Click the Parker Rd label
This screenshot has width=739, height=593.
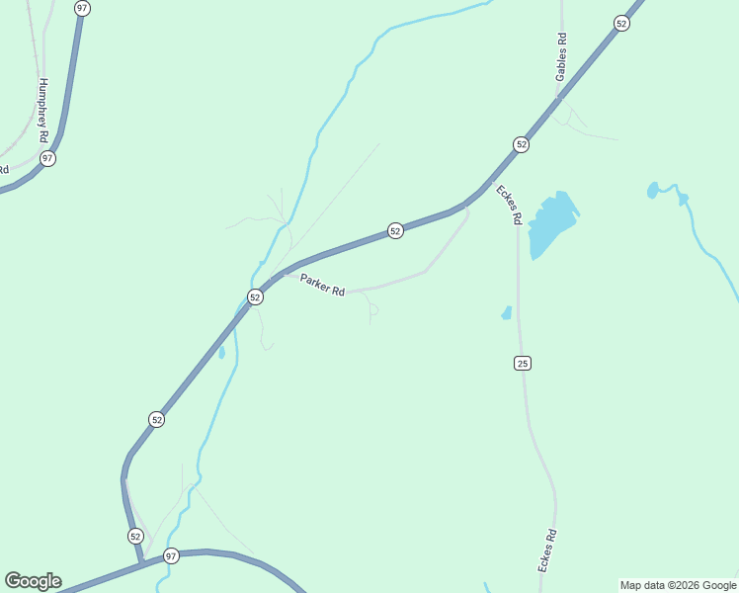(323, 285)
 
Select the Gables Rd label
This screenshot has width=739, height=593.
(561, 57)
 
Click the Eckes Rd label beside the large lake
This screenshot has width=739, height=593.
(508, 205)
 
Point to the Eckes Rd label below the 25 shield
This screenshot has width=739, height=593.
(547, 551)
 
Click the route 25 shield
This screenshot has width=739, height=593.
(523, 364)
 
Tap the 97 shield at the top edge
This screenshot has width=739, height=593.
(82, 8)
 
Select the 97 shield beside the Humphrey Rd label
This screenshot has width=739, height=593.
(47, 158)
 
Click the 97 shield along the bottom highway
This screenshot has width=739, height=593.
(171, 555)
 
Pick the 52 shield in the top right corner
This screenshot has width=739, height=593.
(621, 23)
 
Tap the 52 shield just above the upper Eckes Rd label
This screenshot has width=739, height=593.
(522, 144)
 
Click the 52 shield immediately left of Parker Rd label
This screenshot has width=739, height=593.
(255, 296)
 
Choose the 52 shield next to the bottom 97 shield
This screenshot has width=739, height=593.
(136, 536)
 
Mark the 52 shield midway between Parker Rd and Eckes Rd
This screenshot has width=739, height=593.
(395, 230)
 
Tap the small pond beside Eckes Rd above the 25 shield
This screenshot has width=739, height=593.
(507, 313)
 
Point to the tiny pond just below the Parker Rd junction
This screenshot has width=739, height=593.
(221, 351)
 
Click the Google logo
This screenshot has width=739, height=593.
(33, 581)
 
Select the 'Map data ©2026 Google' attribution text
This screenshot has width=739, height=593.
(677, 585)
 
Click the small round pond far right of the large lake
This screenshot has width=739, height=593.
(652, 189)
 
